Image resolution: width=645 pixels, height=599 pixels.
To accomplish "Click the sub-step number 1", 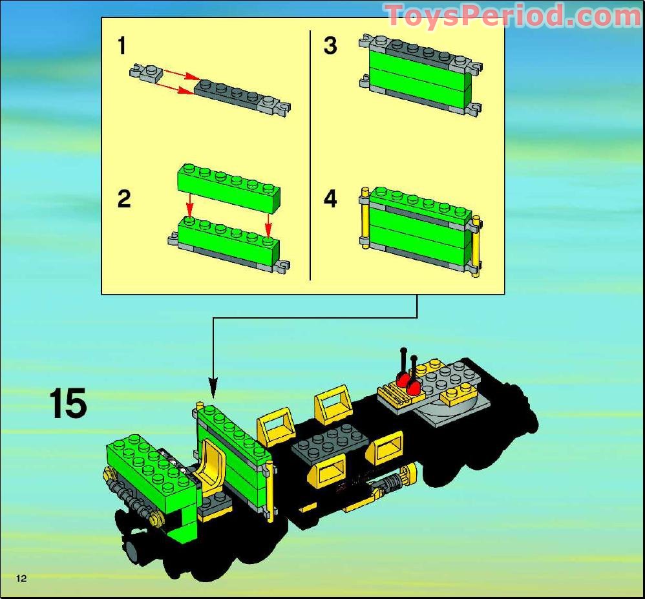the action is pos(122,46).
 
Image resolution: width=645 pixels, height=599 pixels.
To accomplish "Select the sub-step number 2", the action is pos(124,199).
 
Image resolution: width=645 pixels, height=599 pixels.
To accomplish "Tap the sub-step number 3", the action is pos(330,46).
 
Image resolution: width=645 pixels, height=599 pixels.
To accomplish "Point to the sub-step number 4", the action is pos(330,199).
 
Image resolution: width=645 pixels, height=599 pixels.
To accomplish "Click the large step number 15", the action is pos(68,403).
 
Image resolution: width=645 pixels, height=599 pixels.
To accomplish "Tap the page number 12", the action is pos(21,578).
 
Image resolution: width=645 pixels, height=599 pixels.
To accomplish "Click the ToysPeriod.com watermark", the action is pos(514,16).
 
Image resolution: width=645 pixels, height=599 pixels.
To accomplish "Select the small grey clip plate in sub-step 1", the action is pos(146,72).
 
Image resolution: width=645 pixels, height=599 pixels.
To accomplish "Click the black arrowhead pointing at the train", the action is pos(213,388).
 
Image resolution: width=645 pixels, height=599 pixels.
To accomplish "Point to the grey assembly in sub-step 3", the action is pos(420,74).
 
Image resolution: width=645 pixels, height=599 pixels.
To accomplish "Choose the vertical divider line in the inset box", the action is pos(310,155).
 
